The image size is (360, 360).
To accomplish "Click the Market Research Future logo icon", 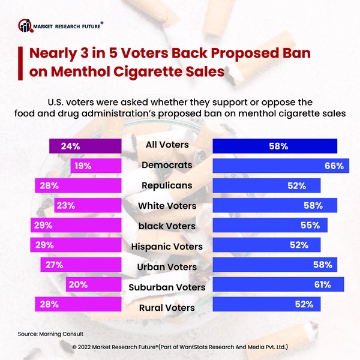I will [25, 25].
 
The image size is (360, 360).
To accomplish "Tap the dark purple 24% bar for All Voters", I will [85, 146].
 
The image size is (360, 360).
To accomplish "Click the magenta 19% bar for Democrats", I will [95, 166].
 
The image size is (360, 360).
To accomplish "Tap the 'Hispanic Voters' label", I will [167, 246].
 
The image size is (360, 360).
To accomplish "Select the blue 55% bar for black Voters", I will [271, 226].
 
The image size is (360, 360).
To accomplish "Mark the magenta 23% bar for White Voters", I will [88, 206].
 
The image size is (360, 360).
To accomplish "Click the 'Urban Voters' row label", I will [167, 266].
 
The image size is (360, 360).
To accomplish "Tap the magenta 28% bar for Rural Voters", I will [78, 305].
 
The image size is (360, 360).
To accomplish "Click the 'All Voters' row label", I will [167, 145].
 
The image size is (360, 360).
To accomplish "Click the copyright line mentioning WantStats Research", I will [180, 347].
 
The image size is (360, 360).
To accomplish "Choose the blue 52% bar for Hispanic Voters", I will [267, 245].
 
